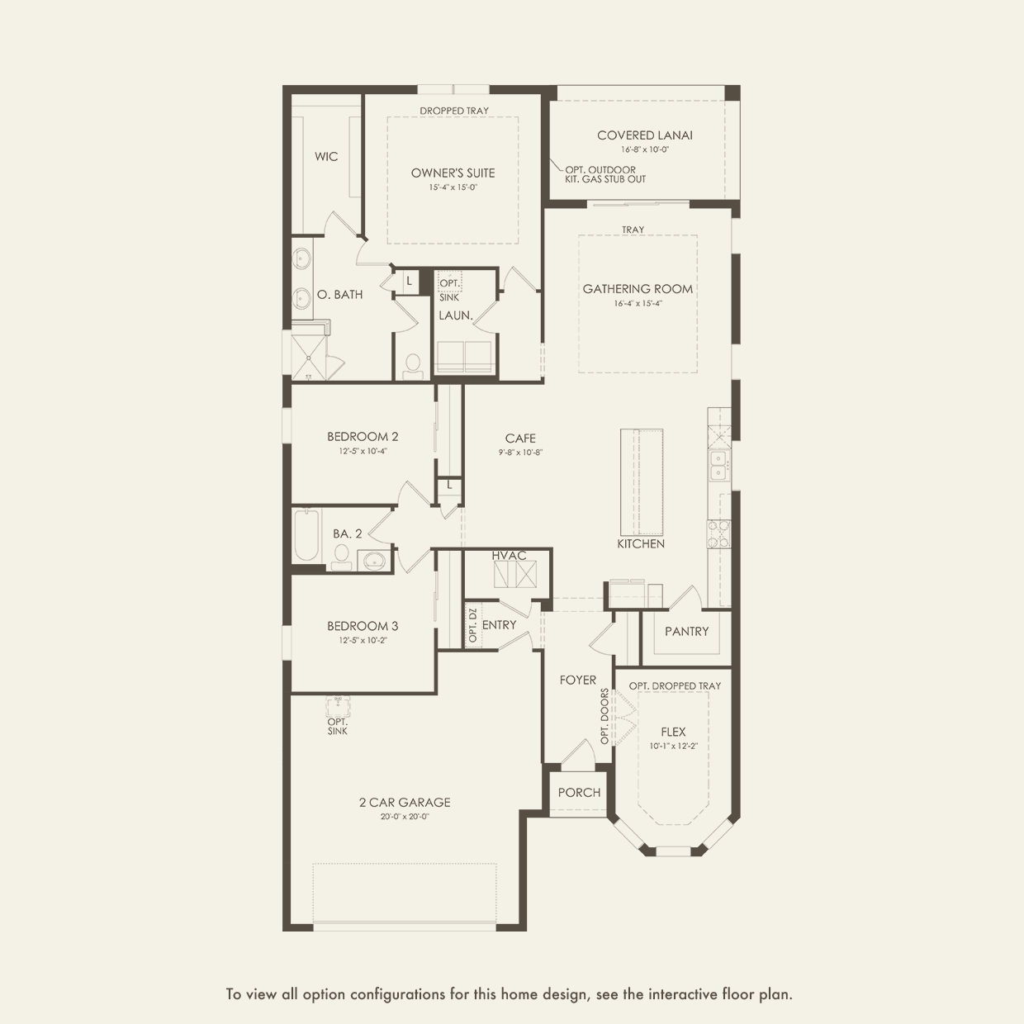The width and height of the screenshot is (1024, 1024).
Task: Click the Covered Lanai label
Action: pyautogui.click(x=644, y=135)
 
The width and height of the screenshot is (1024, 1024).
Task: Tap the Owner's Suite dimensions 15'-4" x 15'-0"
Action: pyautogui.click(x=453, y=187)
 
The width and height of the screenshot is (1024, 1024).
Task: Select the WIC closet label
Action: pyautogui.click(x=326, y=156)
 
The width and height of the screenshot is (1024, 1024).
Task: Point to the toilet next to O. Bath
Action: pyautogui.click(x=413, y=367)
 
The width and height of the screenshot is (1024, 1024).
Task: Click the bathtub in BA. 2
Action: pyautogui.click(x=306, y=535)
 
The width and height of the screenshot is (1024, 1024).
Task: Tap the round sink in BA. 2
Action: pyautogui.click(x=374, y=562)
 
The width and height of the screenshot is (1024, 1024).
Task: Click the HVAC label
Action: pyautogui.click(x=509, y=555)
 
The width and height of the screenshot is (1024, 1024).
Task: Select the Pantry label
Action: pyautogui.click(x=686, y=631)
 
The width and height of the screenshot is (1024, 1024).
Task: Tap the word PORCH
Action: pyautogui.click(x=579, y=793)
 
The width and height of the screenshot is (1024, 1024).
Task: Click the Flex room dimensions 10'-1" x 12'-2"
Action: pyautogui.click(x=673, y=746)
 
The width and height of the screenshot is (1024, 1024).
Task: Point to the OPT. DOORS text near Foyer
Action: pyautogui.click(x=605, y=716)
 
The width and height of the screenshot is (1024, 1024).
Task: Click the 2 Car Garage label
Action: pyautogui.click(x=405, y=802)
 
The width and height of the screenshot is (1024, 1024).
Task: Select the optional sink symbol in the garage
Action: pyautogui.click(x=338, y=706)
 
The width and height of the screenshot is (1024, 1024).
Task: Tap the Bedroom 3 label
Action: pyautogui.click(x=363, y=626)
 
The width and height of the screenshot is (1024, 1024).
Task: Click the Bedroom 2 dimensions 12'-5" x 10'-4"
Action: pyautogui.click(x=363, y=451)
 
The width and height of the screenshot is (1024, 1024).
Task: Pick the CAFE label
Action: pyautogui.click(x=520, y=439)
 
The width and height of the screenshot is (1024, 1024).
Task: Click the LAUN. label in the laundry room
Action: pyautogui.click(x=455, y=315)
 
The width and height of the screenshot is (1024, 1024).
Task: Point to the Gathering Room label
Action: pyautogui.click(x=638, y=289)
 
